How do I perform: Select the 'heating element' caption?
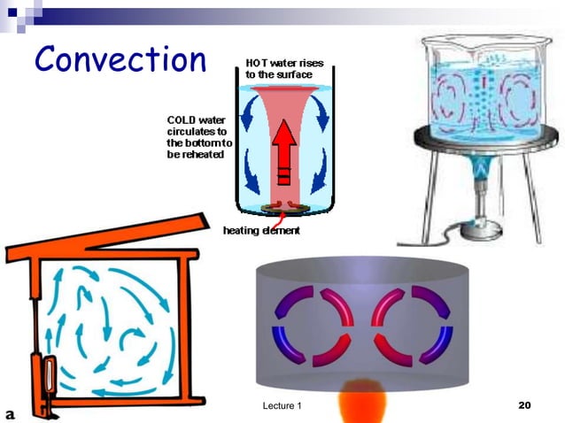260,231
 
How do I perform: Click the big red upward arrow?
283,150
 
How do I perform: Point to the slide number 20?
522,405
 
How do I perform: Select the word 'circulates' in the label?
182,131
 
